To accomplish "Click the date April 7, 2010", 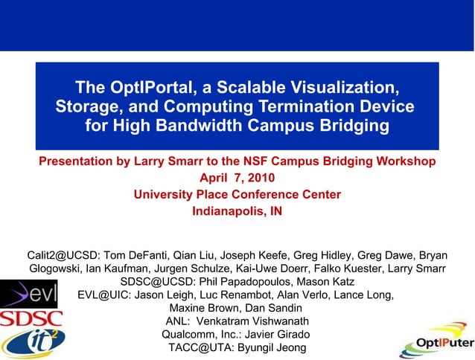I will pyautogui.click(x=237, y=178).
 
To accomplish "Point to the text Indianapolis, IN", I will pyautogui.click(x=237, y=210).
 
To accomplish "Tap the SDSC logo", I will pyautogui.click(x=31, y=319).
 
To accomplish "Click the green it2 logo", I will pyautogui.click(x=33, y=344).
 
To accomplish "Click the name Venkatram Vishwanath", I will pyautogui.click(x=260, y=321).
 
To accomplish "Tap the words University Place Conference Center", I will pyautogui.click(x=237, y=194).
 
